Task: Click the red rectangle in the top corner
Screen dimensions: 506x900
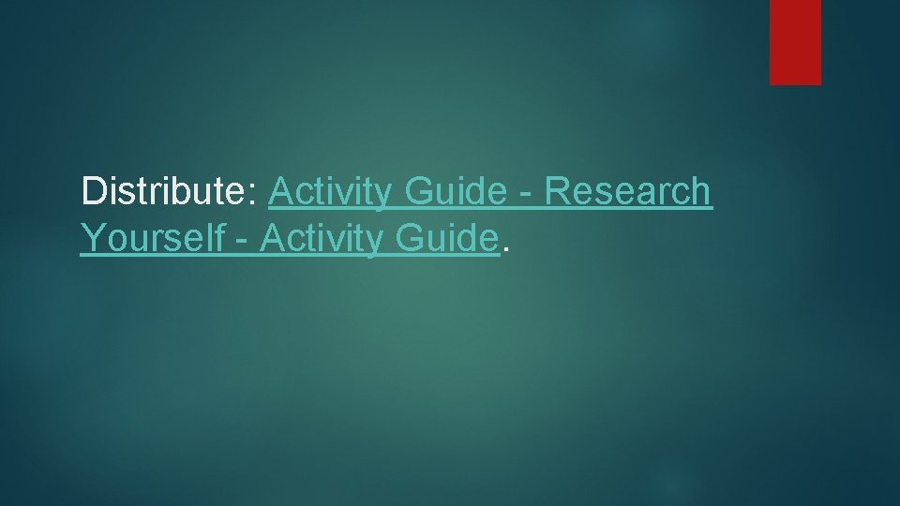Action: (795, 42)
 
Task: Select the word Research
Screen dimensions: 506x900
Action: (628, 191)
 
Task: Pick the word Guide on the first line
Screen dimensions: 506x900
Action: (457, 191)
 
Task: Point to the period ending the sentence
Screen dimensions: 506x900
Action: (506, 250)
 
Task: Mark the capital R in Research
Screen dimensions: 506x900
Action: (557, 191)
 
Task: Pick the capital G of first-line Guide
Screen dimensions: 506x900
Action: (422, 191)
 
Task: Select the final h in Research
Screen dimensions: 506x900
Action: (701, 191)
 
